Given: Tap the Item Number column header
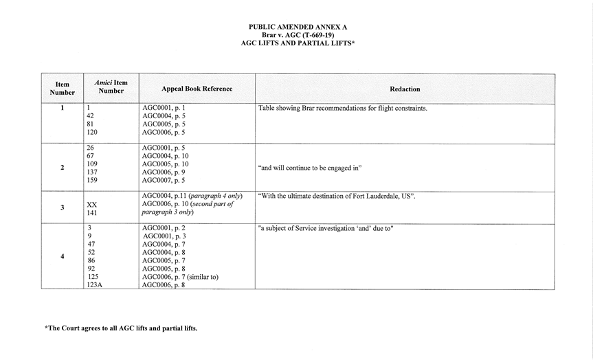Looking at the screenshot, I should click(62, 89).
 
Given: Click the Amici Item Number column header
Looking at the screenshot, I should click(111, 87).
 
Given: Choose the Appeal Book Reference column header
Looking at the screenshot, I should click(197, 89).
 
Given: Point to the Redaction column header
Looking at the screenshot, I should click(405, 89).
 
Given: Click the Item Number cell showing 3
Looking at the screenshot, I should click(62, 207).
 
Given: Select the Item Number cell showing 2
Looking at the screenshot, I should click(62, 168).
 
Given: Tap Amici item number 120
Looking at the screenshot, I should click(93, 133).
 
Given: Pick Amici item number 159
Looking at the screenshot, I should click(93, 181).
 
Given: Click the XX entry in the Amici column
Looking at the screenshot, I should click(92, 205).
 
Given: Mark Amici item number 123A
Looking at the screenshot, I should click(95, 284).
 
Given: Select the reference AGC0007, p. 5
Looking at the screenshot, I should click(164, 181).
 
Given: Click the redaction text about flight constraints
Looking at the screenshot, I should click(342, 108).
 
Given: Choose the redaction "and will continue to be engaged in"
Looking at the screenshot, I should click(310, 168).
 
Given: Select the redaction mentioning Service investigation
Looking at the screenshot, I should click(325, 228).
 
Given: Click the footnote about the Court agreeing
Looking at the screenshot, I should click(121, 328).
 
